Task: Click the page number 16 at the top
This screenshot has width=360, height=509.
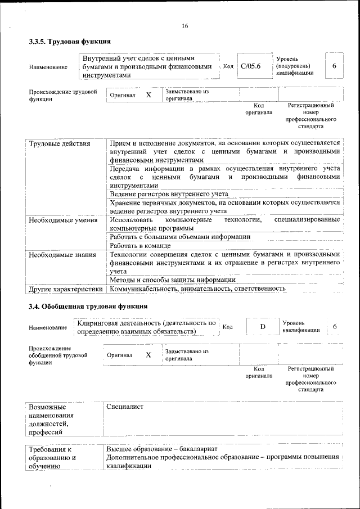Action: click(x=185, y=26)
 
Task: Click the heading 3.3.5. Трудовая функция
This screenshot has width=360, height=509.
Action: click(x=70, y=42)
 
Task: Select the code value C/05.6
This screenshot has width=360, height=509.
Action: click(x=251, y=66)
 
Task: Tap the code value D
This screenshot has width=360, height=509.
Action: click(x=262, y=327)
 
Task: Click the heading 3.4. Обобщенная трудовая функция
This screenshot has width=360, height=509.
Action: click(x=88, y=307)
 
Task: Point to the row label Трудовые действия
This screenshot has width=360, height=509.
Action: click(x=60, y=143)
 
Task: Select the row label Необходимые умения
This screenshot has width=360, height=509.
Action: click(x=63, y=219)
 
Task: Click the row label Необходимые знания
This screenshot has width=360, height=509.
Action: click(x=62, y=254)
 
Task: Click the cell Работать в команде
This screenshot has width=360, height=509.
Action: click(x=140, y=246)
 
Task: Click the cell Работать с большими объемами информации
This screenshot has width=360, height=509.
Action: click(x=180, y=237)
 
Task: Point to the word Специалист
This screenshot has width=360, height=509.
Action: click(x=125, y=407)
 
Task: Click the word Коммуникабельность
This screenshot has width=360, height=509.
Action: click(x=143, y=289)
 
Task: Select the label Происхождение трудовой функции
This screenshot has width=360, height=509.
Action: click(x=62, y=95)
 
